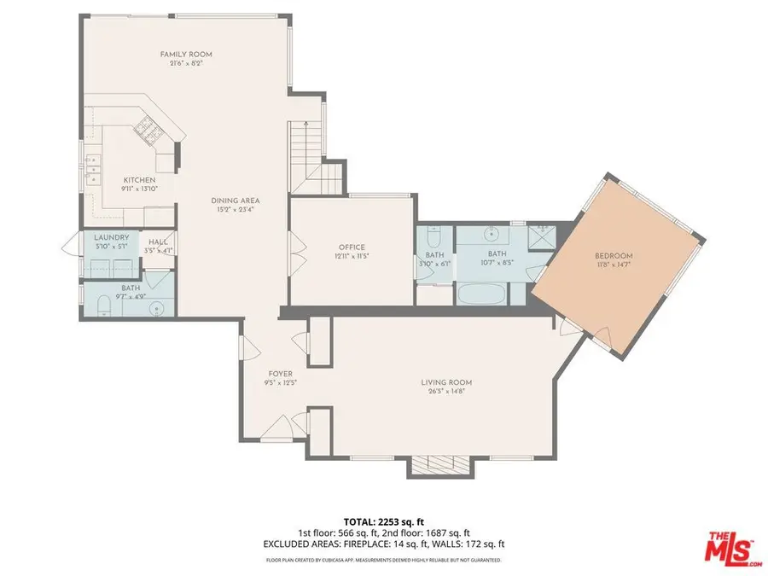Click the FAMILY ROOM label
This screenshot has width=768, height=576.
(x=186, y=55)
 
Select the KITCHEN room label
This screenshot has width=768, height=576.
(x=139, y=180)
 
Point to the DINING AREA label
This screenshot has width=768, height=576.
(x=235, y=201)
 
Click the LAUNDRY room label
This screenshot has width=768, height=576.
(x=112, y=237)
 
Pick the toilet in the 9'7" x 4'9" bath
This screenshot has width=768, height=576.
(x=102, y=305)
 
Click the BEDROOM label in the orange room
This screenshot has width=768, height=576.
(x=614, y=256)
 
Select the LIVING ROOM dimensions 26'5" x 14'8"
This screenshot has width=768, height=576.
(x=446, y=393)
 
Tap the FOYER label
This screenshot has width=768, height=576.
(x=281, y=374)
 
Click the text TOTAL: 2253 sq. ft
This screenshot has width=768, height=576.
(x=383, y=521)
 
